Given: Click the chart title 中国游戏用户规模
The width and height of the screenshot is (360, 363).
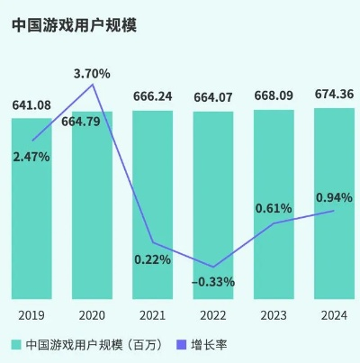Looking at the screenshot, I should click(68, 26).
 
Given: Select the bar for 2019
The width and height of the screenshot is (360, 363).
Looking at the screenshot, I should click(31, 225).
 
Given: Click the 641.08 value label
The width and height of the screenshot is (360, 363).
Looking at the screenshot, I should click(31, 106).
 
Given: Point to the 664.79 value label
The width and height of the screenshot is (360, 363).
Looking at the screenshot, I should click(92, 123).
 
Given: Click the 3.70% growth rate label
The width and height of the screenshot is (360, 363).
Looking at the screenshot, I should click(92, 72).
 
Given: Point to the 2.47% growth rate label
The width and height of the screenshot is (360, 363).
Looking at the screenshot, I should click(31, 157).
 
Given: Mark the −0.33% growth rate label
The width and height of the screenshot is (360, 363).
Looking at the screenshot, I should click(213, 282).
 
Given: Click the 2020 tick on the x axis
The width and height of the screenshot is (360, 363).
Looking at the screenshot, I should click(92, 314).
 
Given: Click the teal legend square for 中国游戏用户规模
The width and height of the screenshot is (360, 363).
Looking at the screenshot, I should click(16, 344).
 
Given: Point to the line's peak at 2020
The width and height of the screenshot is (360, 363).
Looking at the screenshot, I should click(92, 84).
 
